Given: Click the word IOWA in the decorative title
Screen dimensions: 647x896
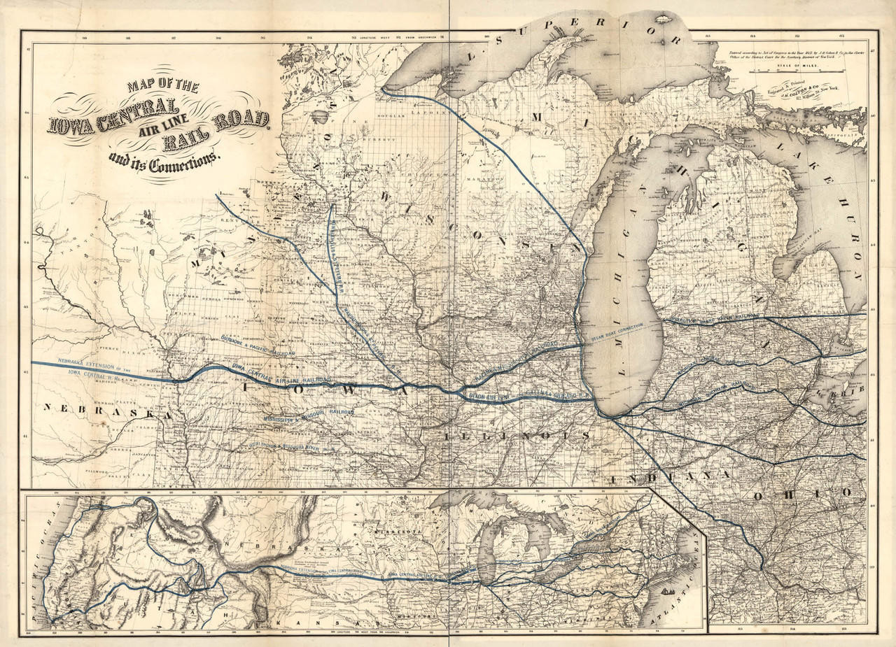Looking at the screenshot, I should coord(73,124).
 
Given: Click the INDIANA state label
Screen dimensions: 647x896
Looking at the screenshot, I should coord(670,476).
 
